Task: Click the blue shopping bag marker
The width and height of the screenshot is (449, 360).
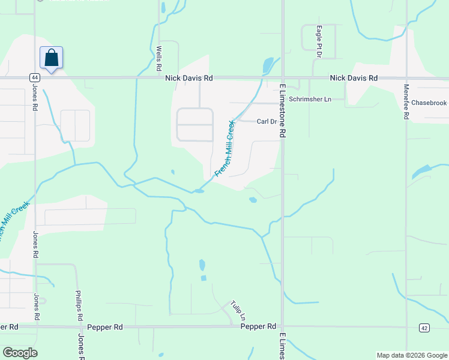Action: click(51, 58)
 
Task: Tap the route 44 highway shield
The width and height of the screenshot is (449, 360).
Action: click(34, 77)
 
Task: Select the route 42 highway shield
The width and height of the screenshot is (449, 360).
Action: click(424, 327)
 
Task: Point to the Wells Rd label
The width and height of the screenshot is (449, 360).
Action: click(159, 58)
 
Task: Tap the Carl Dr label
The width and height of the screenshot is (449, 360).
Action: click(266, 121)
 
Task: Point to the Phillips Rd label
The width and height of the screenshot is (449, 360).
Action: click(78, 307)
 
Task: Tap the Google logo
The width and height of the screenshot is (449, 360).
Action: click(20, 353)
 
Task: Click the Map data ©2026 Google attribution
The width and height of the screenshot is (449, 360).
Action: click(411, 355)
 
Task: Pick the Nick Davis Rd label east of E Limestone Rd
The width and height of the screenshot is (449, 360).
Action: click(354, 78)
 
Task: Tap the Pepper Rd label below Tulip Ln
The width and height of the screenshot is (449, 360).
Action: click(258, 326)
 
